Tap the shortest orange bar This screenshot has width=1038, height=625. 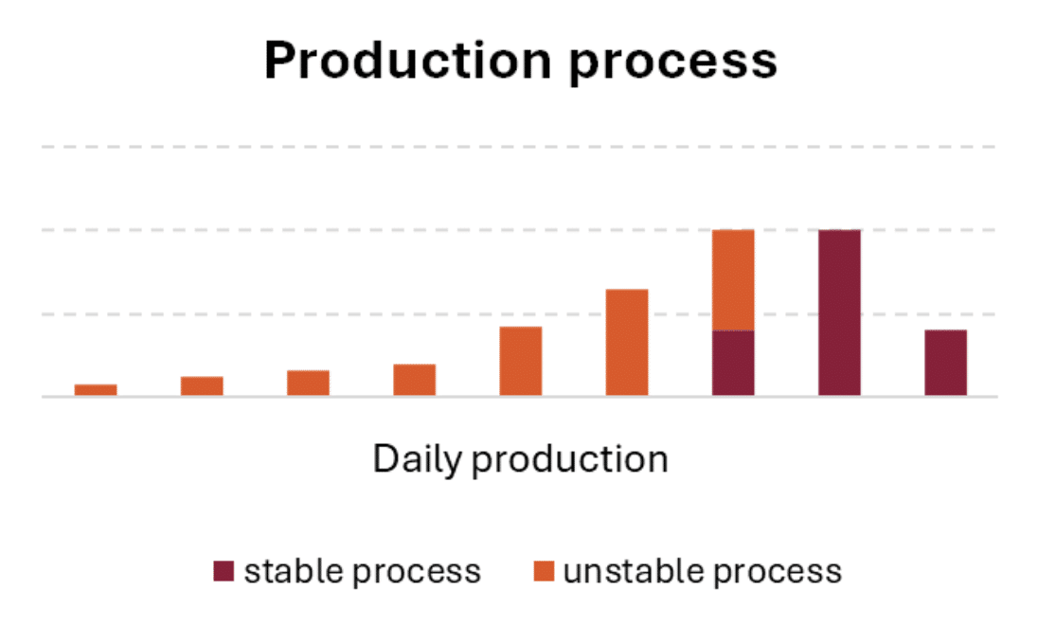click(x=96, y=389)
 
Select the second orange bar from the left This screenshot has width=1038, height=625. click(x=202, y=385)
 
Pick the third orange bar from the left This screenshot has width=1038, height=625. click(x=308, y=383)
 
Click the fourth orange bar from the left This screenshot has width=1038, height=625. click(x=415, y=380)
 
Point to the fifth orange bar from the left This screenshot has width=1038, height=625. click(x=521, y=361)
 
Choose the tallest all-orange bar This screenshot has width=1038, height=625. click(x=627, y=342)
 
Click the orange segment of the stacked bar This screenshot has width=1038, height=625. click(x=733, y=279)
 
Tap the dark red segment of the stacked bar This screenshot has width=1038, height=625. click(x=733, y=363)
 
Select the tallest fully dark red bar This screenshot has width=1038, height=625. click(x=839, y=312)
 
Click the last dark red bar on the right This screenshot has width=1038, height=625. click(x=945, y=363)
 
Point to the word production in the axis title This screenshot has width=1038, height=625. click(x=570, y=460)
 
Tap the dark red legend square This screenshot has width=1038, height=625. click(x=224, y=571)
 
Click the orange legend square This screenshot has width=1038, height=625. click(x=543, y=571)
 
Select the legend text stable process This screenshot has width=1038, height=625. click(x=363, y=572)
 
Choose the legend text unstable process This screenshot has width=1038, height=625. click(x=702, y=572)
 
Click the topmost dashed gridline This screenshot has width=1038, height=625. click(x=519, y=147)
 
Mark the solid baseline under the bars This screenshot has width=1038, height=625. click(x=519, y=397)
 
